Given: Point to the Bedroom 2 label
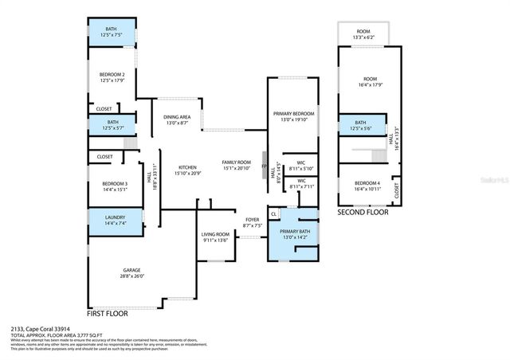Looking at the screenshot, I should click(x=111, y=75).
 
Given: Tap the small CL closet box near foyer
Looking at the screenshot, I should click(x=274, y=213).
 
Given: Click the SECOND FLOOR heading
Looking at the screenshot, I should click(x=363, y=213).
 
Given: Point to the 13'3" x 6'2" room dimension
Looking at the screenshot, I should click(x=369, y=38).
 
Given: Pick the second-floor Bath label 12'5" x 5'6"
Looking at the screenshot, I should click(x=361, y=125).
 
